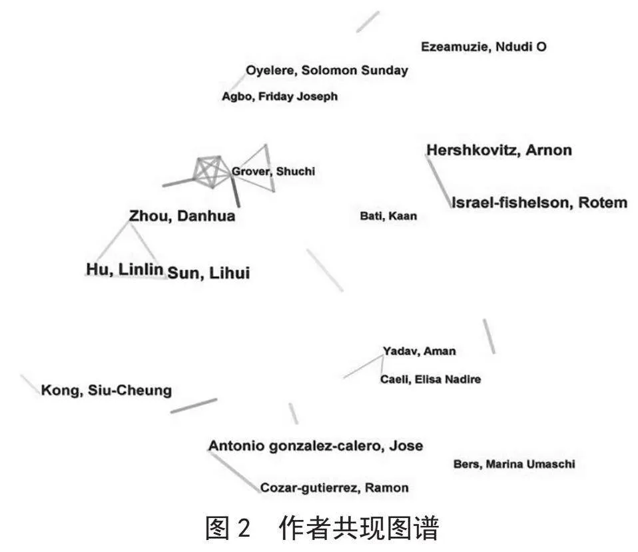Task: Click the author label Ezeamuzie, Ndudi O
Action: pyautogui.click(x=483, y=47)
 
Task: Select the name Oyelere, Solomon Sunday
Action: pyautogui.click(x=327, y=71)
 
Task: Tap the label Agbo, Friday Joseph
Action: pyautogui.click(x=280, y=97)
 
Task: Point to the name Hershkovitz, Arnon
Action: pyautogui.click(x=499, y=150)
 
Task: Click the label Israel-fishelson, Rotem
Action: pyautogui.click(x=539, y=203)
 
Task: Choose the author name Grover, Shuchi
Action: pyautogui.click(x=274, y=171)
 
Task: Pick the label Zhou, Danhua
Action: pyautogui.click(x=182, y=216)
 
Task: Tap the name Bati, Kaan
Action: pyautogui.click(x=388, y=216)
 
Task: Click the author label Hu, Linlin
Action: pyautogui.click(x=125, y=269)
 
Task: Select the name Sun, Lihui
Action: pyautogui.click(x=208, y=273)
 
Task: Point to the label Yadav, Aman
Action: pyautogui.click(x=419, y=351)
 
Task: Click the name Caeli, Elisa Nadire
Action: pyautogui.click(x=430, y=379)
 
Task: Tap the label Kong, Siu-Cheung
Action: pyautogui.click(x=107, y=390)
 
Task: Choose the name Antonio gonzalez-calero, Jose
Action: pyautogui.click(x=316, y=446)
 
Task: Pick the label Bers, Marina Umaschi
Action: pyautogui.click(x=514, y=464)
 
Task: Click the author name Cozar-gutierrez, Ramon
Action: pyautogui.click(x=334, y=487)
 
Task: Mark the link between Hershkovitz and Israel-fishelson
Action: pyautogui.click(x=440, y=182)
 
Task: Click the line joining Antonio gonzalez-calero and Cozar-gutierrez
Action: pyautogui.click(x=235, y=472)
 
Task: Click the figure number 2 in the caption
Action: pyautogui.click(x=243, y=529)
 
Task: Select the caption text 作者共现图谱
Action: pyautogui.click(x=359, y=529)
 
